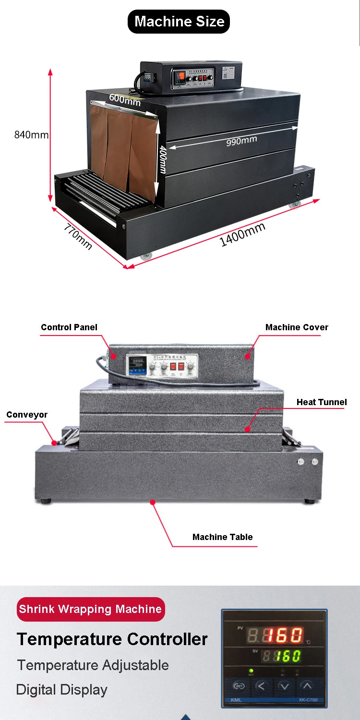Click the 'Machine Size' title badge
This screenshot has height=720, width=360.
click(179, 22)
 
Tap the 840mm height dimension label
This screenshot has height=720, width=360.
click(31, 135)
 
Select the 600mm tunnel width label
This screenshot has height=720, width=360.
click(125, 100)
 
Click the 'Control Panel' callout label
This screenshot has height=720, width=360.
click(69, 327)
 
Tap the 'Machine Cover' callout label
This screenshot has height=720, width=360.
click(297, 327)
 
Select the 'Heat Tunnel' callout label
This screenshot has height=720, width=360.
click(322, 402)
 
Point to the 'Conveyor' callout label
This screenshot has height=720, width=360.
click(27, 415)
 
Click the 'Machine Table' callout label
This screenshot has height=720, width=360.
click(222, 537)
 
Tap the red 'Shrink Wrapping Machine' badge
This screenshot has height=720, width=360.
click(90, 609)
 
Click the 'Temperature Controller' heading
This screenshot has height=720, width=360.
click(112, 639)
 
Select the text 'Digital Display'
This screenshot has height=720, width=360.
click(62, 690)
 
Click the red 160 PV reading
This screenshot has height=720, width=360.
click(284, 636)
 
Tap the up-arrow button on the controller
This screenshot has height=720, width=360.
click(306, 686)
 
